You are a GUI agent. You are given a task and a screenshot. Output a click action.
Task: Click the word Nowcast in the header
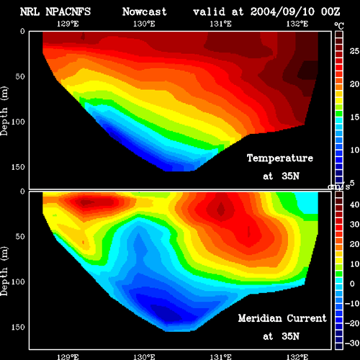tap(145, 12)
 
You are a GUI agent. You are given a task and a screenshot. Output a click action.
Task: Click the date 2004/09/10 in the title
tap(282, 12)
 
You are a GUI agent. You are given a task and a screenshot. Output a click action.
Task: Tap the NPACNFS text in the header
tap(68, 12)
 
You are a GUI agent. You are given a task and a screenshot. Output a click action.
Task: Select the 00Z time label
tap(330, 12)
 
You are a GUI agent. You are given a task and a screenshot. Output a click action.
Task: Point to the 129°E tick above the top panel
tap(68, 24)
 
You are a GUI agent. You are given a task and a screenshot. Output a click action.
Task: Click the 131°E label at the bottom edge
tap(220, 356)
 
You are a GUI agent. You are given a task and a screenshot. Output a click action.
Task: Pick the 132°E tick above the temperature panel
tap(297, 24)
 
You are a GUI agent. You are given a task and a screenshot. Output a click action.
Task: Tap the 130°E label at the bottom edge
tap(144, 356)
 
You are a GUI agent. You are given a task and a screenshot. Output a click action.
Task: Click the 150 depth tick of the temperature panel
tap(18, 167)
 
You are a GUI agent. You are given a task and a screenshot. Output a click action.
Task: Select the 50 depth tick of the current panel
tap(20, 236)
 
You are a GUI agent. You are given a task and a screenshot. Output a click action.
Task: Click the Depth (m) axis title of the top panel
tap(4, 111)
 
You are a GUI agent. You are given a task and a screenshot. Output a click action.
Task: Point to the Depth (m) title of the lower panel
tap(4, 271)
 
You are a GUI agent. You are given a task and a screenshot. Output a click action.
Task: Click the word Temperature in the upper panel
tap(280, 158)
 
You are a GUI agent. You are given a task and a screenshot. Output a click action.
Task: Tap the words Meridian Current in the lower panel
tap(282, 318)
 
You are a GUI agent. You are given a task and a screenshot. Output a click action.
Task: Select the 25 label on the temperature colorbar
tap(354, 51)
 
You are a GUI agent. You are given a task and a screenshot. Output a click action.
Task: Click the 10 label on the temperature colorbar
tap(354, 150)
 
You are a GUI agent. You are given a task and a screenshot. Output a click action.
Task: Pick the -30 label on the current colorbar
tap(352, 343)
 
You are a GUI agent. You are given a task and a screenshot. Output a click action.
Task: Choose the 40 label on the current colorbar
tap(354, 204)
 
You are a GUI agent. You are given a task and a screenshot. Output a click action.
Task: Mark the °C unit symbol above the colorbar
tap(339, 26)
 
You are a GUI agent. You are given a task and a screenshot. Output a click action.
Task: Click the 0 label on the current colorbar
tap(352, 284)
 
